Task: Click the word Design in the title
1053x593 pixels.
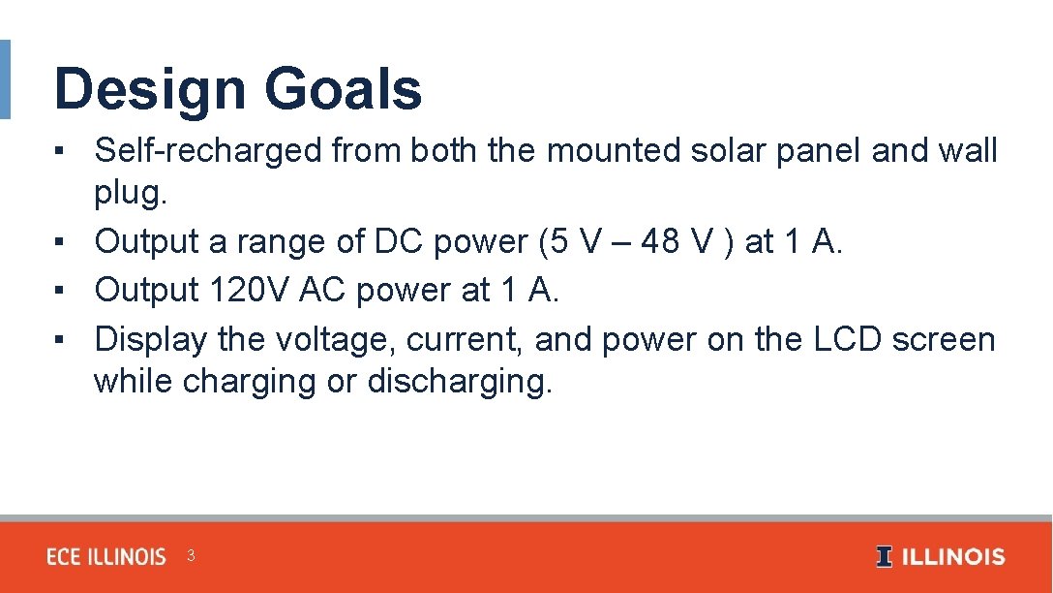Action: click(x=150, y=89)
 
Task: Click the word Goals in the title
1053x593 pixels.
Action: click(x=343, y=89)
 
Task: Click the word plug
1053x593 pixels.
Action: click(x=130, y=194)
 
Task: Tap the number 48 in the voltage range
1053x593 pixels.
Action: click(x=660, y=242)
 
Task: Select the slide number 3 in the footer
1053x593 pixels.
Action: click(x=191, y=556)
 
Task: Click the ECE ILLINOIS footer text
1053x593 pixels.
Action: click(x=106, y=557)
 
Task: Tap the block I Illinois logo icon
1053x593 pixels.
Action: click(x=884, y=557)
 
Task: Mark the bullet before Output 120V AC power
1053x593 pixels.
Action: click(x=60, y=291)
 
